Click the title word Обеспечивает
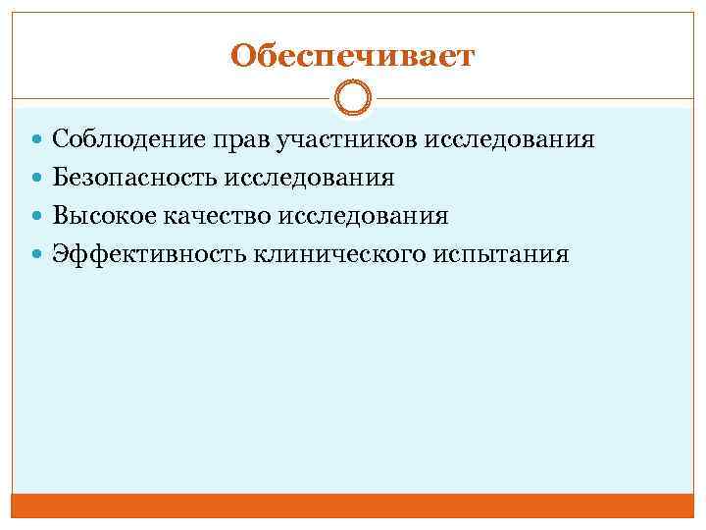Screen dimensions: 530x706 pos(352,56)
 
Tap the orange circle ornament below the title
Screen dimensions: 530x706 pos(352,99)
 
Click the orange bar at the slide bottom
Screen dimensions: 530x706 pos(352,504)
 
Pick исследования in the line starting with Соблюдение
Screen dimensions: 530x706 pos(509,139)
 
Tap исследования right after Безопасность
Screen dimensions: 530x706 pos(309,178)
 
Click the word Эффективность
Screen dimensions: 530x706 pos(149,254)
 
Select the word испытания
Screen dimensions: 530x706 pos(499,254)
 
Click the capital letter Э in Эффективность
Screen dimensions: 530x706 pos(61,254)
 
